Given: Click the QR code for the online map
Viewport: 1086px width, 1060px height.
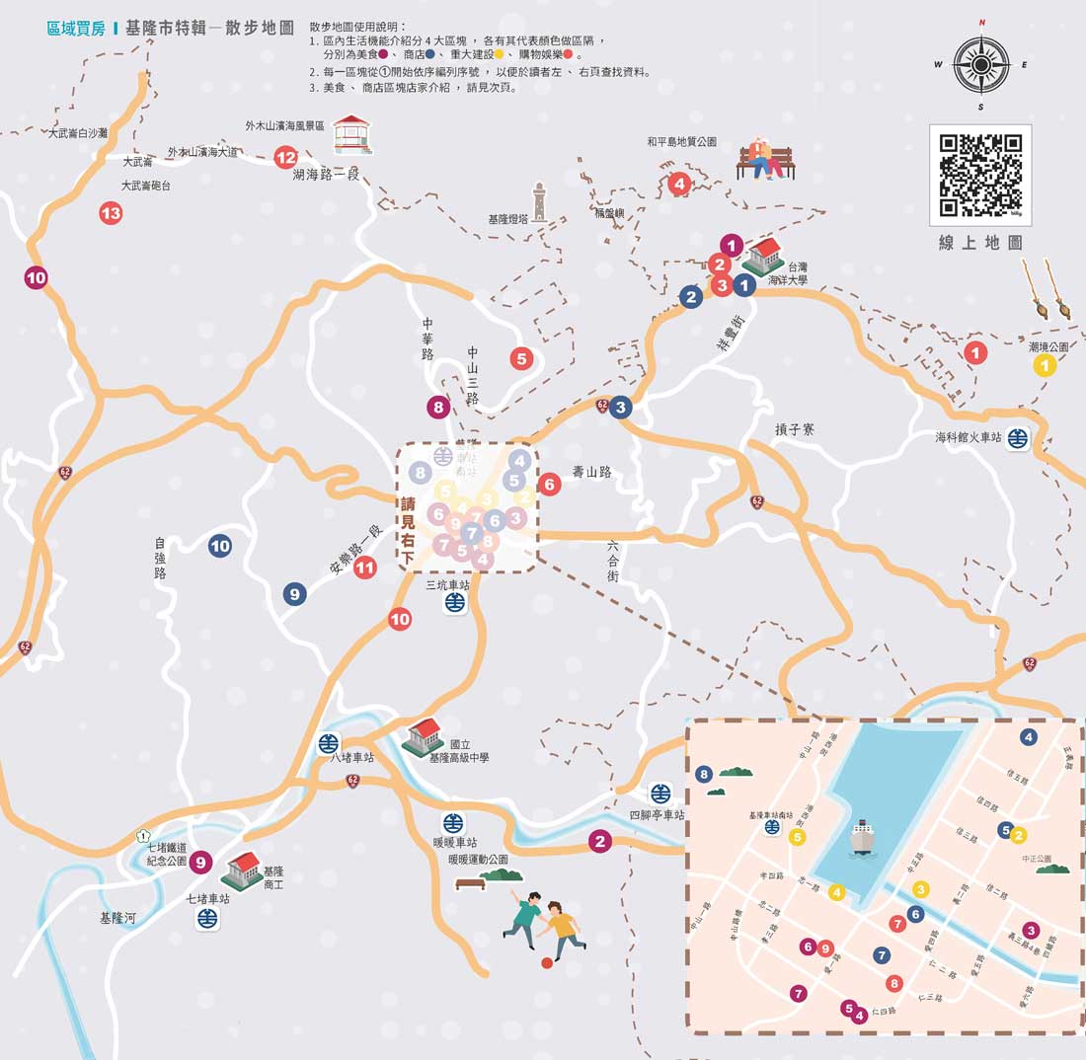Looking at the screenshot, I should pyautogui.click(x=979, y=175).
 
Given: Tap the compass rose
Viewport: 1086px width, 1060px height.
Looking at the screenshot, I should pyautogui.click(x=980, y=64).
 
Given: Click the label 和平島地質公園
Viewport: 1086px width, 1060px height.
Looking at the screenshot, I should pyautogui.click(x=681, y=142).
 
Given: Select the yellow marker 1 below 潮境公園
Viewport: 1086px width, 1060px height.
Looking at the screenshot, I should pyautogui.click(x=1044, y=366).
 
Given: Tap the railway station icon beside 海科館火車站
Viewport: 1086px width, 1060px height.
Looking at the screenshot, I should pyautogui.click(x=1018, y=438).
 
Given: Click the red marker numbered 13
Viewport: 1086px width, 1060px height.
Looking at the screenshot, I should pyautogui.click(x=111, y=212).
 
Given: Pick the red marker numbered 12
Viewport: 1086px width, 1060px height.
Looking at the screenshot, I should pyautogui.click(x=285, y=157).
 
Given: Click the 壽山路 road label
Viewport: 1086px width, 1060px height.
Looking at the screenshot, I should pyautogui.click(x=591, y=472).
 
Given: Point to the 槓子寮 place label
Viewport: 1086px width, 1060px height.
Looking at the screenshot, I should pyautogui.click(x=796, y=429).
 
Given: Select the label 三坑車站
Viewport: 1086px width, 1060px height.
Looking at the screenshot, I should pyautogui.click(x=447, y=584).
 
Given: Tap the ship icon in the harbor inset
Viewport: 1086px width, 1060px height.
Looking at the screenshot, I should pyautogui.click(x=861, y=836).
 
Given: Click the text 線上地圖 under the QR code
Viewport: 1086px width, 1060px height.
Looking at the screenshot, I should pyautogui.click(x=979, y=243).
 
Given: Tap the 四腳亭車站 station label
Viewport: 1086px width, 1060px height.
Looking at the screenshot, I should pyautogui.click(x=657, y=815).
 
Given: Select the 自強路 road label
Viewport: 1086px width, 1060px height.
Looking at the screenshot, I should pyautogui.click(x=160, y=559).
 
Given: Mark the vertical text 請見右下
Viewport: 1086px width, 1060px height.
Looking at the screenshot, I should pyautogui.click(x=407, y=530).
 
